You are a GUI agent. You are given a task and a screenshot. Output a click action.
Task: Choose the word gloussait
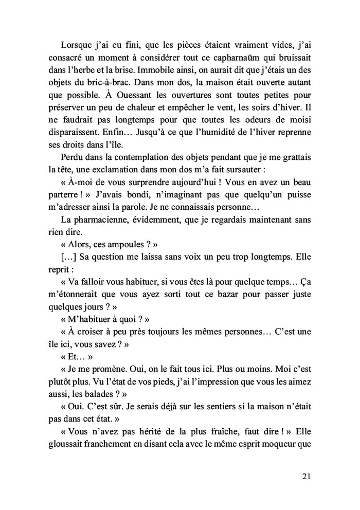69,450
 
